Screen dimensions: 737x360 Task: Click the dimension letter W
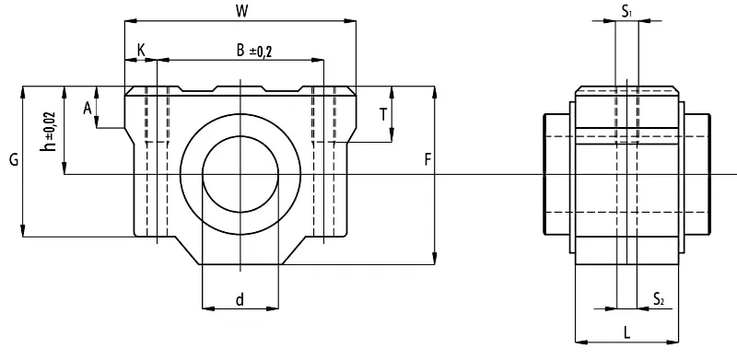(x=241, y=12)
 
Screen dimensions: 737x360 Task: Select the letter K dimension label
(x=141, y=49)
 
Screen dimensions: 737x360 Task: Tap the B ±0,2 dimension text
(x=254, y=51)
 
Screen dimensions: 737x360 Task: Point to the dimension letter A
(x=87, y=109)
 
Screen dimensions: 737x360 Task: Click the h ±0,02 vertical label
(x=49, y=132)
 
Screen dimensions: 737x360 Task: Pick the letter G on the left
(x=14, y=160)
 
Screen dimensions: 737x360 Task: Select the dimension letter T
(x=383, y=114)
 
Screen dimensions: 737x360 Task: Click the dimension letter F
(x=427, y=160)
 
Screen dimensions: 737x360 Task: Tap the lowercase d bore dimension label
(x=240, y=299)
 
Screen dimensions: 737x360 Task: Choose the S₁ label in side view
(x=626, y=12)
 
